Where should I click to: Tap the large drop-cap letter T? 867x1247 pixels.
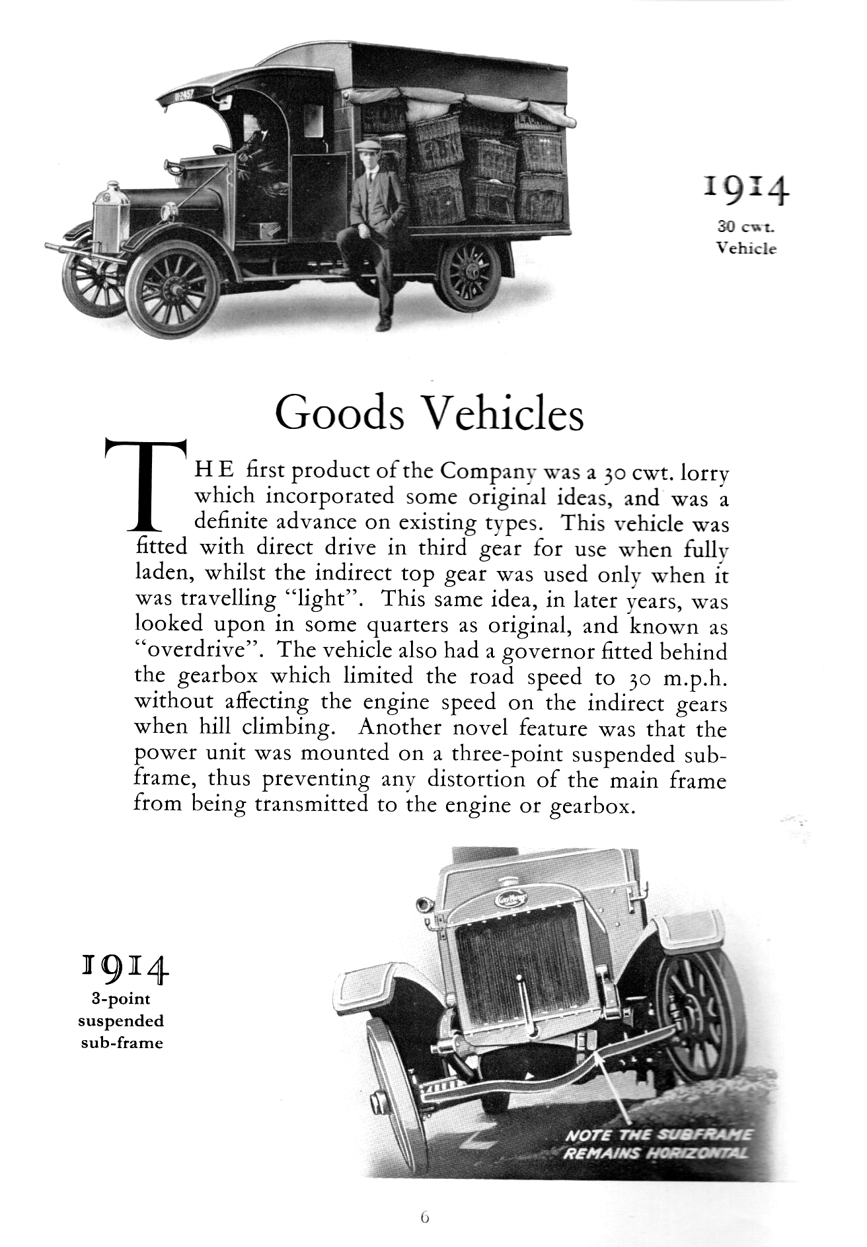[145, 485]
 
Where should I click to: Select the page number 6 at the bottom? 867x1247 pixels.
[424, 1216]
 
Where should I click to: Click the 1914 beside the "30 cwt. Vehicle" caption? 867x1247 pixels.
[747, 191]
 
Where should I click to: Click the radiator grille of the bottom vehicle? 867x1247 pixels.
[507, 955]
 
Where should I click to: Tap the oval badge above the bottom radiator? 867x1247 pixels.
[510, 899]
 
